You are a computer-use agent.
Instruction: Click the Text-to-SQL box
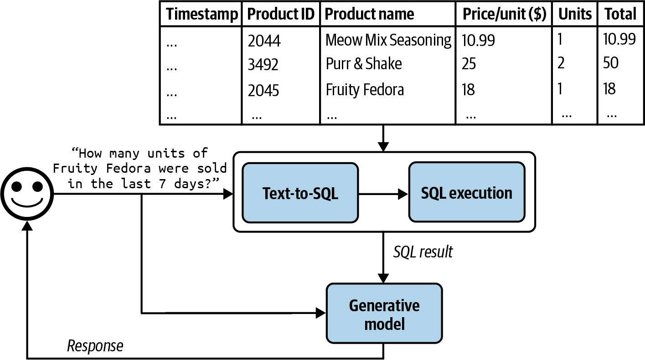300,193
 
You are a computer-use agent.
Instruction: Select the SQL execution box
466,193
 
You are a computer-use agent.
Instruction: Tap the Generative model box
384,314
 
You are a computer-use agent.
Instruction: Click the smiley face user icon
27,193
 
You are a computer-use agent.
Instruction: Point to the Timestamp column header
201,14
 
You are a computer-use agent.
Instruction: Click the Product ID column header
281,14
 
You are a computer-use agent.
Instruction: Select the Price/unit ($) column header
504,14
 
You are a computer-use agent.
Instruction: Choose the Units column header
575,14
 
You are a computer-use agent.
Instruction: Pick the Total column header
620,14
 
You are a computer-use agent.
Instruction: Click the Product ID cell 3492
263,65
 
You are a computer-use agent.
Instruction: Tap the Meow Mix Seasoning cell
388,40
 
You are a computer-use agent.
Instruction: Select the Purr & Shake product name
364,64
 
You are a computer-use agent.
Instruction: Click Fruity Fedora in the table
365,90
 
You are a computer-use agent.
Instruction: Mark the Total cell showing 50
611,63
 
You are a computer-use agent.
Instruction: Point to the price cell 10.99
478,41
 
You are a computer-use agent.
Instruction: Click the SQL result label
423,252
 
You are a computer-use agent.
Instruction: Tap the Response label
95,346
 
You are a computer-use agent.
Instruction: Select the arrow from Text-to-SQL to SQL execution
383,194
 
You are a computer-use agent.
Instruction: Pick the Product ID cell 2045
263,90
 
